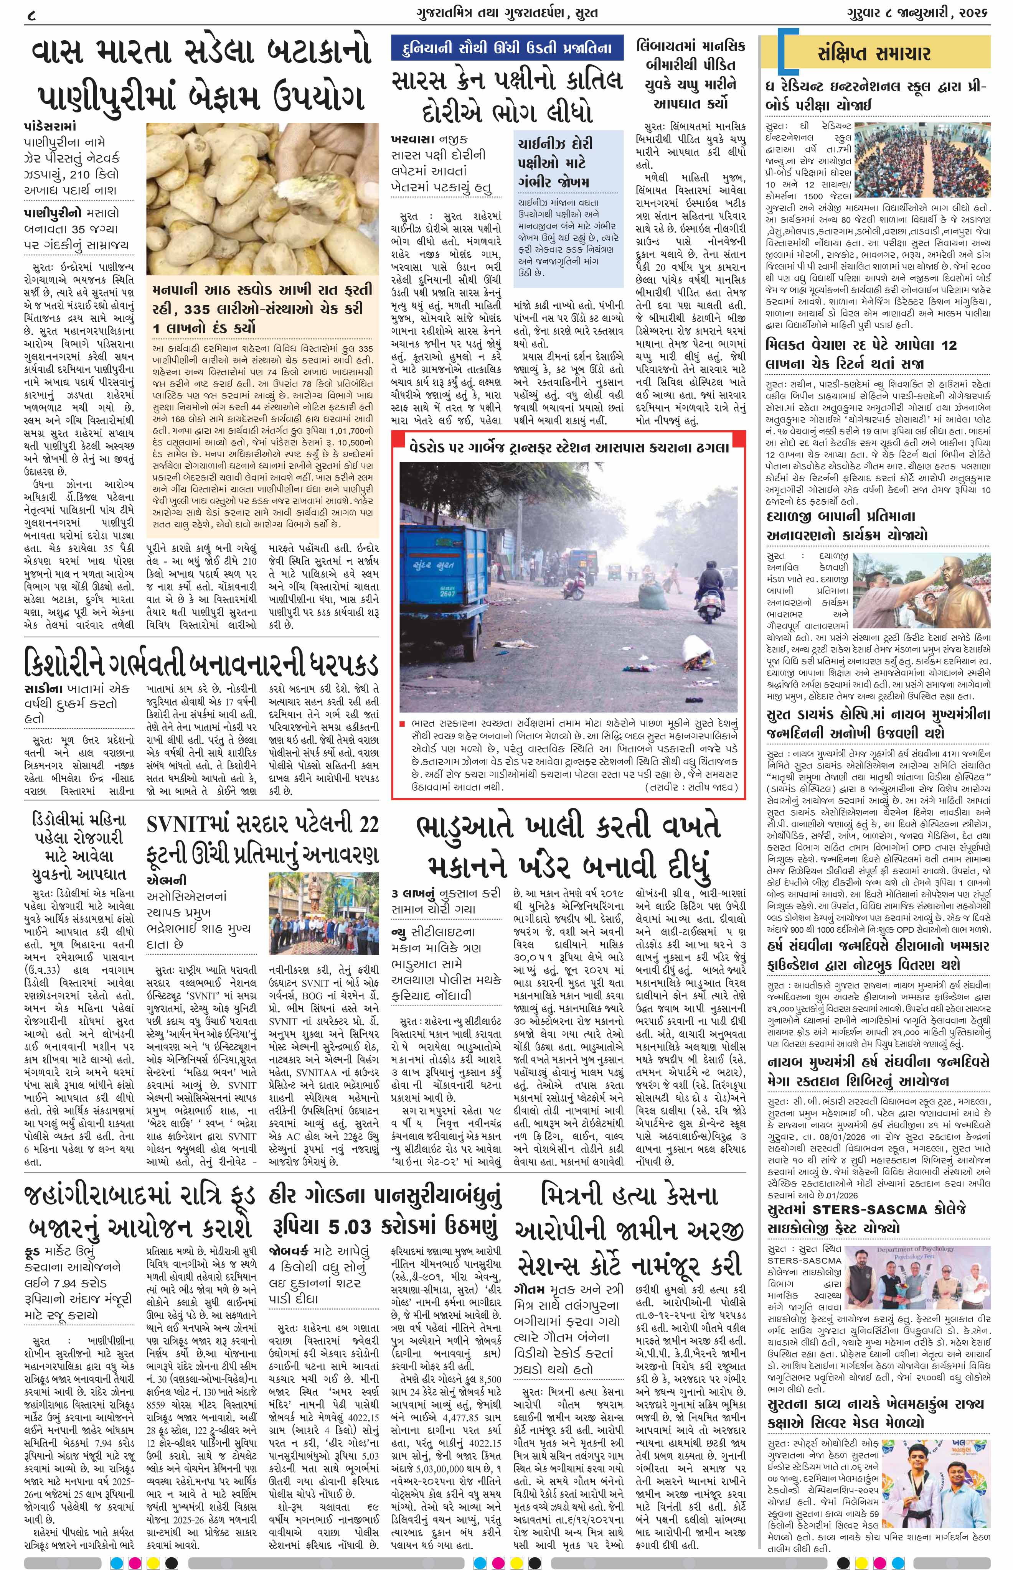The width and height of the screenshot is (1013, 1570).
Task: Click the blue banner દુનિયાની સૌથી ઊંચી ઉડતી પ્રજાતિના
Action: [507, 48]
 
